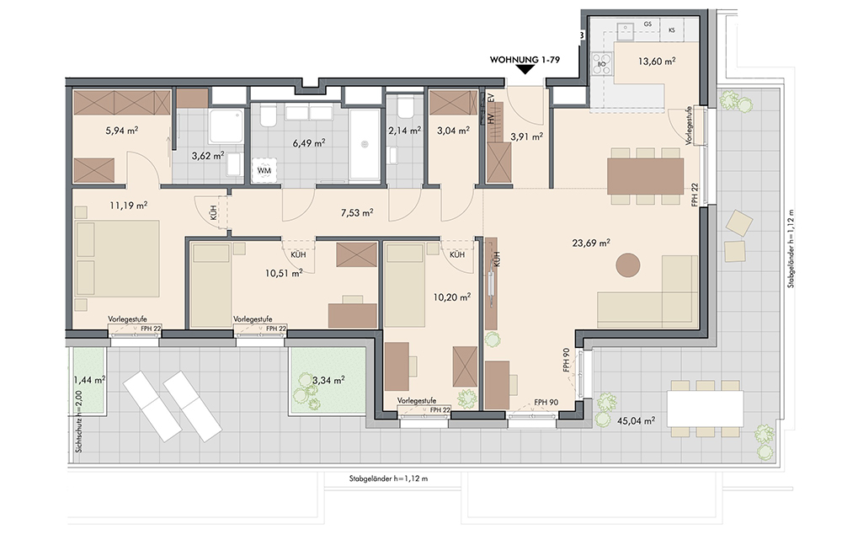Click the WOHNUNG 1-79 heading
(x=524, y=60)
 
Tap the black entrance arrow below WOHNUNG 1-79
(x=524, y=71)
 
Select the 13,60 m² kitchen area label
(x=656, y=61)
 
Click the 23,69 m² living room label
(x=591, y=243)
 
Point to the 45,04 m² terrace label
(x=636, y=420)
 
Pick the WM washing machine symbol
(x=264, y=170)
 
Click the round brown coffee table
(x=627, y=265)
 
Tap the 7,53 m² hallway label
(x=357, y=213)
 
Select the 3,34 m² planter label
(x=328, y=381)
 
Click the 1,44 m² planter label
(x=89, y=380)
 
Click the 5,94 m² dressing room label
(x=122, y=130)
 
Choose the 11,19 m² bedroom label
(x=128, y=206)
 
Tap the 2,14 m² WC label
(x=404, y=130)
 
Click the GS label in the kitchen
(x=647, y=24)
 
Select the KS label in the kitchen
(x=672, y=30)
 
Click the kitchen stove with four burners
(x=601, y=63)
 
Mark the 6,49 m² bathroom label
(x=309, y=143)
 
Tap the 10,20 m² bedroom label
(x=452, y=297)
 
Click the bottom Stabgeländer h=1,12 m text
(x=388, y=479)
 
